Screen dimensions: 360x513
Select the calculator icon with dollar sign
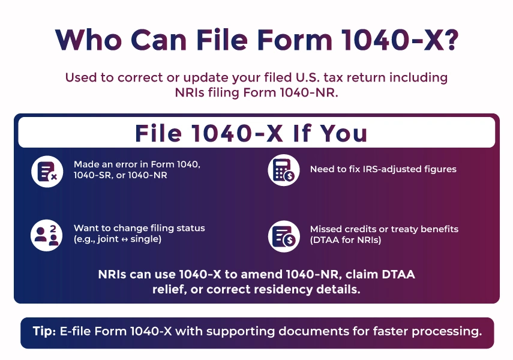pyautogui.click(x=283, y=170)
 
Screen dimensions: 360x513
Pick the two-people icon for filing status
pyautogui.click(x=47, y=235)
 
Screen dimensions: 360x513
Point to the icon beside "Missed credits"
pyautogui.click(x=283, y=235)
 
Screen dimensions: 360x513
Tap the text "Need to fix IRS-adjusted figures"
pyautogui.click(x=383, y=169)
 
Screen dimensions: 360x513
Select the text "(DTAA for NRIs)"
pyautogui.click(x=345, y=240)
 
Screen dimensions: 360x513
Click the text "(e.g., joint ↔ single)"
pyautogui.click(x=118, y=239)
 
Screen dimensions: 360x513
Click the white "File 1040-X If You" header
pyautogui.click(x=256, y=133)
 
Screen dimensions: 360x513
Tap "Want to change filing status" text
pyautogui.click(x=139, y=228)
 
